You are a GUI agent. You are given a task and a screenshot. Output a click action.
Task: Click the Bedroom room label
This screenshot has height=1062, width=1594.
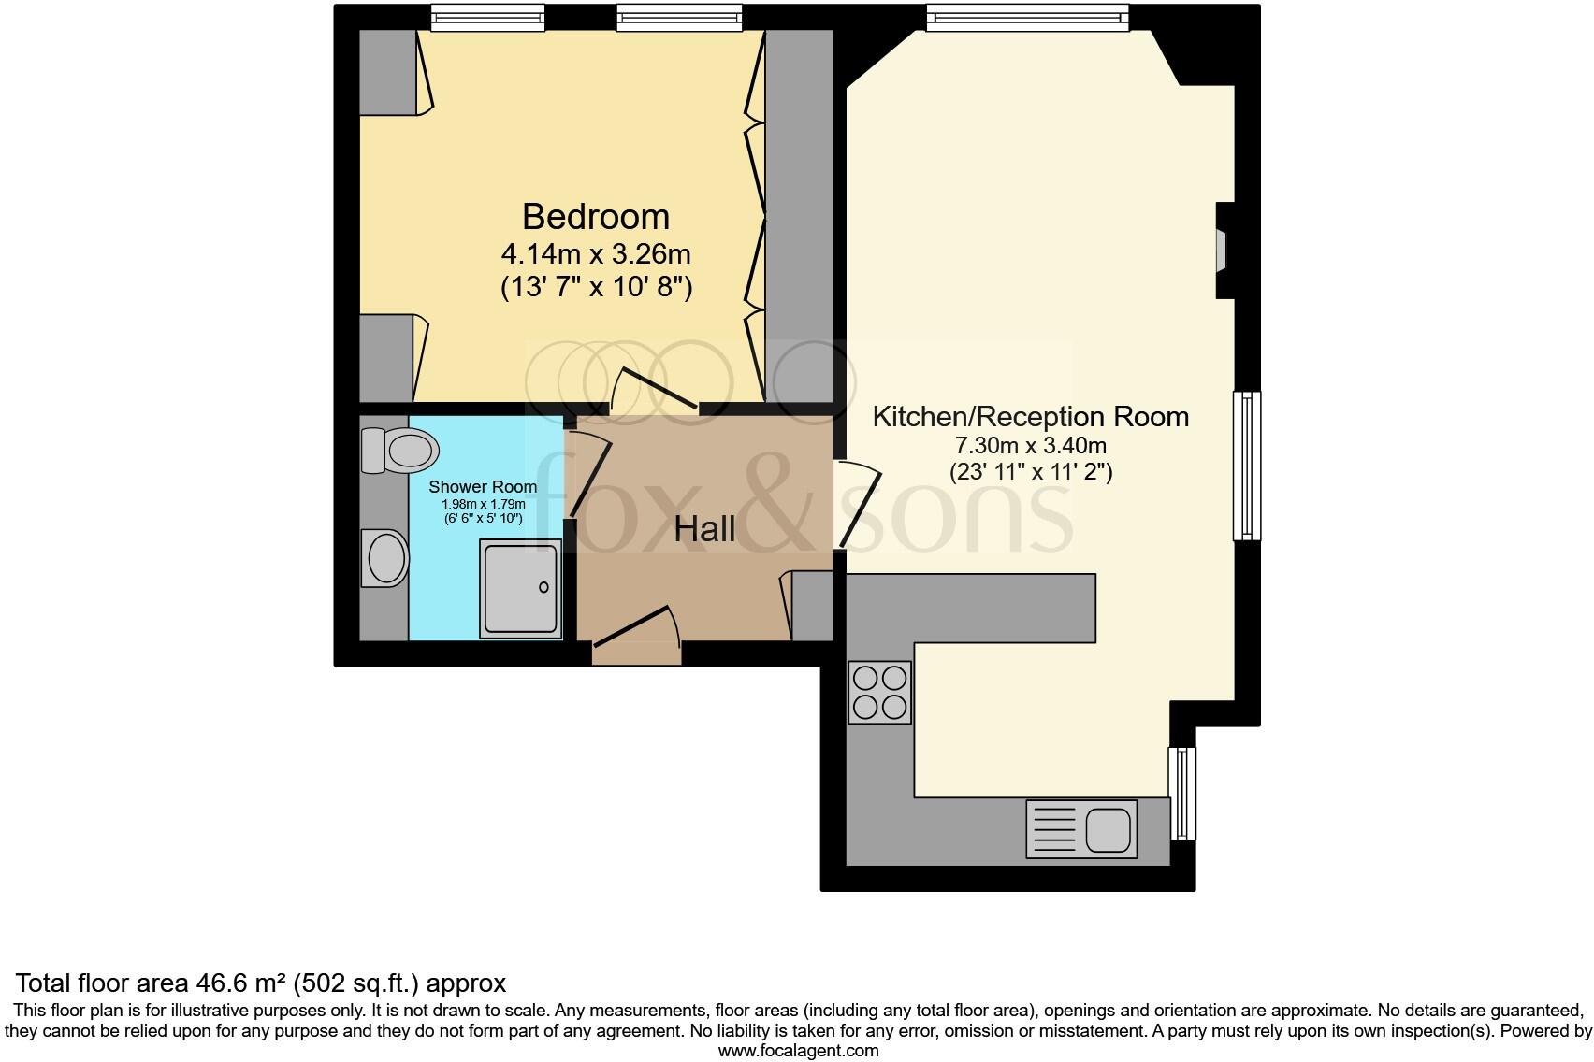595,216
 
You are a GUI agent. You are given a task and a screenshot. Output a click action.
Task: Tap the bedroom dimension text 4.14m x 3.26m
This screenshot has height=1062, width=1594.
596,253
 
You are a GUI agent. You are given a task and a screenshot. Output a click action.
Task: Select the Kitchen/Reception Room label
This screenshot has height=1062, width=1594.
1030,416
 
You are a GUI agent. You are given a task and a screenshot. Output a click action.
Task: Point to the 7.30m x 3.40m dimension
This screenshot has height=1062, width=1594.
1030,446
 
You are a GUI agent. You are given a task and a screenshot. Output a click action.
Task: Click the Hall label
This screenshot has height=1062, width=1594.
704,529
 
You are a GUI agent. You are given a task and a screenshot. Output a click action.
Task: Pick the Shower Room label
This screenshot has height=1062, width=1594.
483,486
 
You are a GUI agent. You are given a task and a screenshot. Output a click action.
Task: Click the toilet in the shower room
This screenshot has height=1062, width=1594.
402,450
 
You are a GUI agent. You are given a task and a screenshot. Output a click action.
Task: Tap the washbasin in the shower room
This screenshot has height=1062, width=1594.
386,558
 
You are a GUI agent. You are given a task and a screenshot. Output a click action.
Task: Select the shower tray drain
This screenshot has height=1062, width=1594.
544,588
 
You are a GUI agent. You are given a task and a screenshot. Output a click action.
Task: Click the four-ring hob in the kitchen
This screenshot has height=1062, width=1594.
879,693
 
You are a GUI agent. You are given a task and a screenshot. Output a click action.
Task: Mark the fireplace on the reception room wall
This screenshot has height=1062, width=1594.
1223,251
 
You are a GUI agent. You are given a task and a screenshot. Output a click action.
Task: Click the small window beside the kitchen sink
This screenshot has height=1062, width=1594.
1183,793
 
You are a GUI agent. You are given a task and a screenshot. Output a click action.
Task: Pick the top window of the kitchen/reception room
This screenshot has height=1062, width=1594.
1027,16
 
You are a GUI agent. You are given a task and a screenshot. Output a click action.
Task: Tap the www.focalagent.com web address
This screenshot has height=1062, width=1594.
798,1050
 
